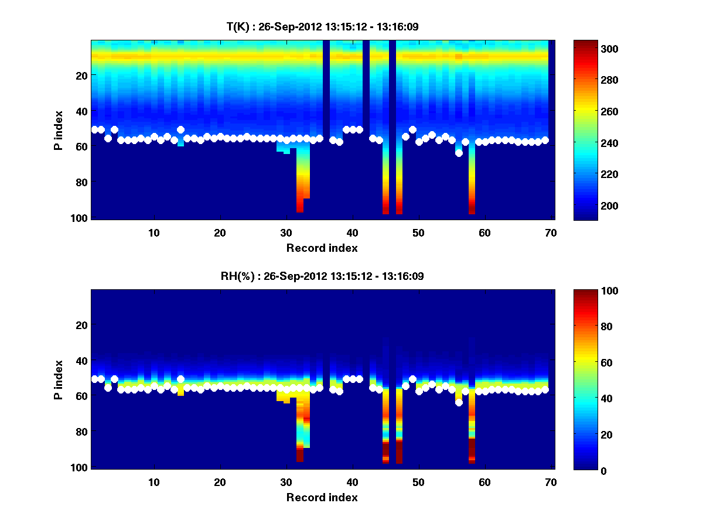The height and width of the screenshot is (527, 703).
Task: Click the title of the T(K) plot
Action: (322, 26)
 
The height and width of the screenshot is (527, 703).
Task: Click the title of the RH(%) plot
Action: (322, 276)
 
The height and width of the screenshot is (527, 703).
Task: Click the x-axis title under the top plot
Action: (322, 248)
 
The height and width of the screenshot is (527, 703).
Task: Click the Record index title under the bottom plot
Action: (322, 497)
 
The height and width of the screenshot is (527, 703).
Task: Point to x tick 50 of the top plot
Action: (418, 232)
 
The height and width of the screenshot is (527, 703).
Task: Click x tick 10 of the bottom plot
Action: (153, 482)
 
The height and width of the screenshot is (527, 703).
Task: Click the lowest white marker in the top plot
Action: (459, 153)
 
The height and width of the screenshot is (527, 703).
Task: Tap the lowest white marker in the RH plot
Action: (459, 402)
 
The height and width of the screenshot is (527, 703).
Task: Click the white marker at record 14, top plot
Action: (180, 129)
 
